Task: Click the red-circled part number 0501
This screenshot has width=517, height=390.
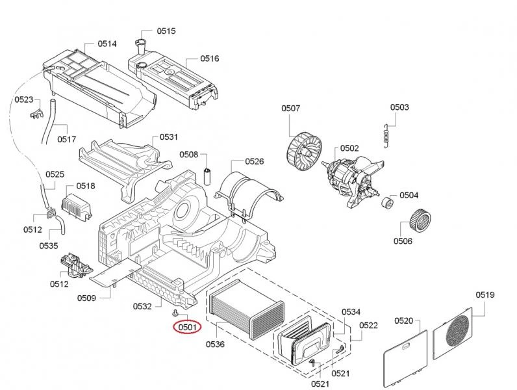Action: [x=186, y=327]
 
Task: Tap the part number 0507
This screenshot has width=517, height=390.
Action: [x=290, y=109]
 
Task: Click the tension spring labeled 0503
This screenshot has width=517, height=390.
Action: [x=386, y=135]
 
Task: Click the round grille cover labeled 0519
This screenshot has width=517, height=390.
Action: [x=460, y=332]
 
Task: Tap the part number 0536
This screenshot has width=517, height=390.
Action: [x=215, y=344]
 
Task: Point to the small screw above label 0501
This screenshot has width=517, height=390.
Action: [x=176, y=313]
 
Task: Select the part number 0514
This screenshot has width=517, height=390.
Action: [x=108, y=44]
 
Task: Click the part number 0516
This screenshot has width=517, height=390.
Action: [x=210, y=58]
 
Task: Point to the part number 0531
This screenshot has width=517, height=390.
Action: [x=169, y=137]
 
